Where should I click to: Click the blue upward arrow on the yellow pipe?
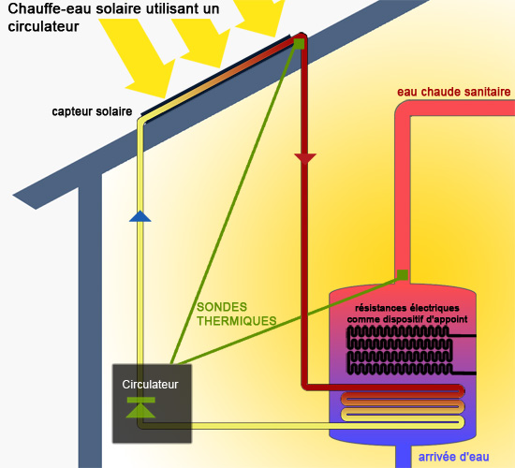pyautogui.click(x=140, y=216)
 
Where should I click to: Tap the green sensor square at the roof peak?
pyautogui.click(x=299, y=43)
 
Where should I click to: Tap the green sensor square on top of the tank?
pyautogui.click(x=402, y=275)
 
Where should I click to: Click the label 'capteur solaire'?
pyautogui.click(x=92, y=112)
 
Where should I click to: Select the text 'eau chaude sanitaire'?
pyautogui.click(x=453, y=92)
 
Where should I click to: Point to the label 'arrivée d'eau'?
pyautogui.click(x=452, y=457)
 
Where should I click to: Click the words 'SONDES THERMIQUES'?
pyautogui.click(x=237, y=314)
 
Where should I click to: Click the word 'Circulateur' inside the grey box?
pyautogui.click(x=150, y=384)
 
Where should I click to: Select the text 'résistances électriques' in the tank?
pyautogui.click(x=406, y=308)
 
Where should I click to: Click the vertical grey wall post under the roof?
pyautogui.click(x=89, y=318)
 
